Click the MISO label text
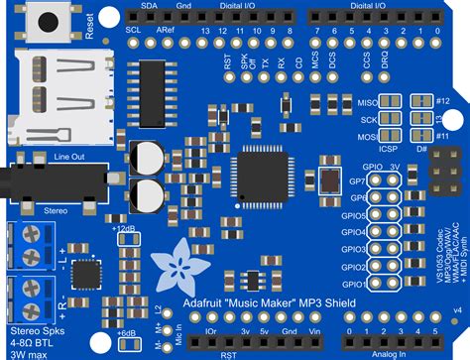[364, 102]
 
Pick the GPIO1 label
[355, 284]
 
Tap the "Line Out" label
[70, 157]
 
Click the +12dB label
[125, 228]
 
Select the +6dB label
[125, 333]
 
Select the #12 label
[443, 102]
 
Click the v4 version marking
[456, 311]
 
